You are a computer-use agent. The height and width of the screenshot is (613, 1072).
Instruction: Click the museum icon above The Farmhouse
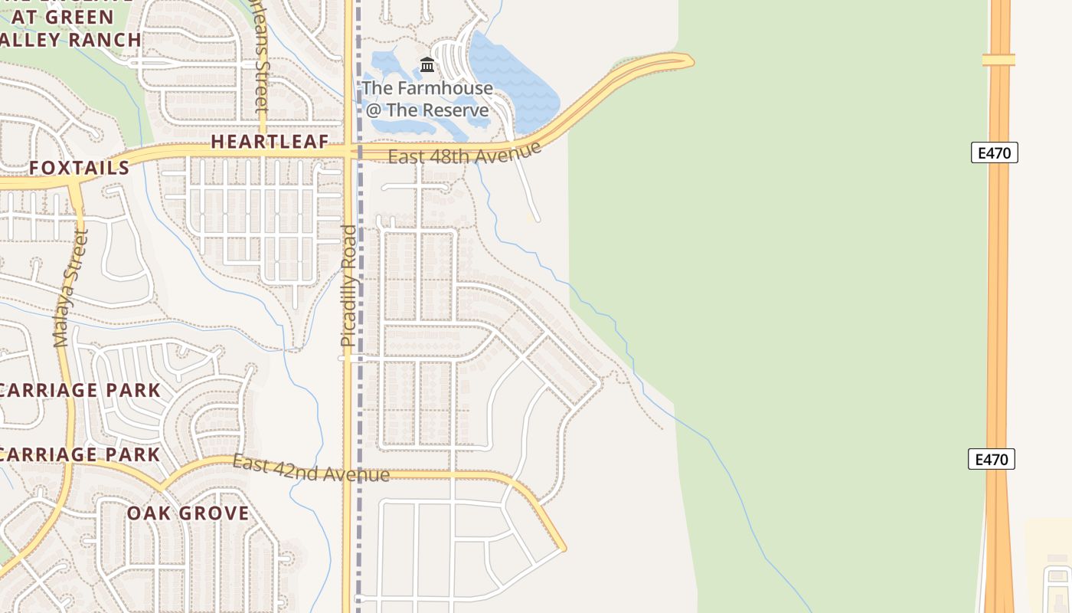coord(427,64)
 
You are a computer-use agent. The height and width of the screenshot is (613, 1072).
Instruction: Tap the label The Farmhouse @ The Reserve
coord(427,99)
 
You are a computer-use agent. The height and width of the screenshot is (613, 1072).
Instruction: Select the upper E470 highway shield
coord(995,152)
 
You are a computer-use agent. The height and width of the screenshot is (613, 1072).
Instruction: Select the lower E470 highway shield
coord(992,459)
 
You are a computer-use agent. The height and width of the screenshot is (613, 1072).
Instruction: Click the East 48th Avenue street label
coord(465,153)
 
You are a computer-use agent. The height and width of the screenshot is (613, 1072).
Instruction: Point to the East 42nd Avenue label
coord(311,469)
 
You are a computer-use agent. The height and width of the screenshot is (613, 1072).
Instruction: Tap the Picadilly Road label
coord(348,285)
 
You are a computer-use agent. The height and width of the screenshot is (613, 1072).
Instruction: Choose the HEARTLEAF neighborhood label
coord(270,141)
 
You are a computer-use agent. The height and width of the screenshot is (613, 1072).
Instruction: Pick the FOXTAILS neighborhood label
coord(80,168)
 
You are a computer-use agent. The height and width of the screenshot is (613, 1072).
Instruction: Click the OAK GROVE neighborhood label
coord(188,513)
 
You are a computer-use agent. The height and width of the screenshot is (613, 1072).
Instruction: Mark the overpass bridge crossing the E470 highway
coord(998,59)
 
